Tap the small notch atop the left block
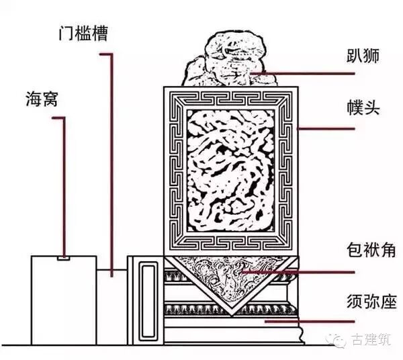coord(63,257)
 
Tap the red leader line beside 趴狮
coord(302,72)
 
